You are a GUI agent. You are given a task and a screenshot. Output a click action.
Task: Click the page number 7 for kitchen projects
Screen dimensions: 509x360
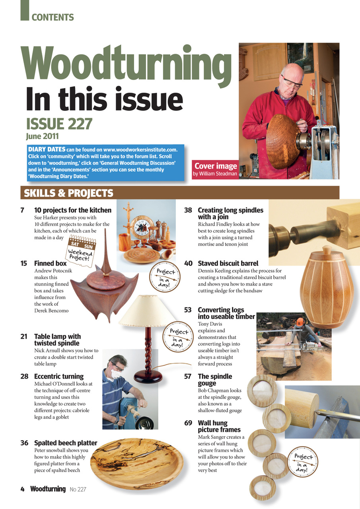coord(23,210)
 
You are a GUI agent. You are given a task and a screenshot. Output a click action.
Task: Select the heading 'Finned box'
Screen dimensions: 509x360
coord(50,263)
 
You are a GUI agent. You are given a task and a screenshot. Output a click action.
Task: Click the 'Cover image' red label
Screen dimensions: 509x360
coord(215,166)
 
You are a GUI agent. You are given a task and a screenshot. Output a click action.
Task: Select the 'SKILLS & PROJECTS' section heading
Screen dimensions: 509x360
coord(68,193)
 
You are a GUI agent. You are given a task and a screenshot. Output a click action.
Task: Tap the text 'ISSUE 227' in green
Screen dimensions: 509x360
coord(59,124)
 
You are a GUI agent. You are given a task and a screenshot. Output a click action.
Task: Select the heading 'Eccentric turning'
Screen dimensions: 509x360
coord(58,376)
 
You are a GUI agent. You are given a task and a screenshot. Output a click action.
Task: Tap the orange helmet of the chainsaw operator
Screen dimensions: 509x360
coord(300,321)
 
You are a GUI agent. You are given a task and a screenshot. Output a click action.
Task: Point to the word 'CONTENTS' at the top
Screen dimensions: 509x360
coord(53,17)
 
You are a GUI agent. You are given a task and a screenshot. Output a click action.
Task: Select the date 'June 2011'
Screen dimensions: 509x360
coord(42,136)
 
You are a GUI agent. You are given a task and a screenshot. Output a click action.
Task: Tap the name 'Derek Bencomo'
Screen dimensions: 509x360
coord(51,310)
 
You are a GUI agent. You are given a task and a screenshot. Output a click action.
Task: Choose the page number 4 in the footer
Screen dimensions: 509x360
coord(23,489)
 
